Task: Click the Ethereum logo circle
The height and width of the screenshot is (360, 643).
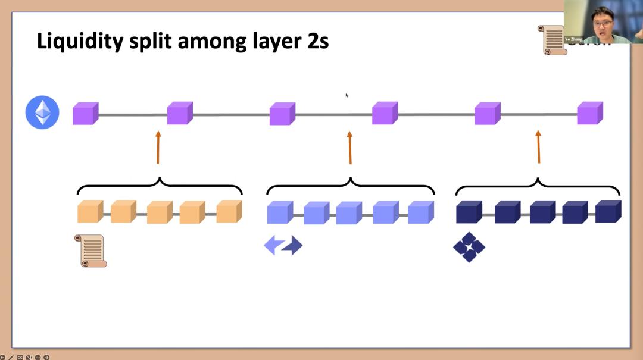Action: pyautogui.click(x=42, y=112)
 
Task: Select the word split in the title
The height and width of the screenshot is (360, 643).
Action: pyautogui.click(x=150, y=42)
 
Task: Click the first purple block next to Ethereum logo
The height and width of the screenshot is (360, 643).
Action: pyautogui.click(x=85, y=113)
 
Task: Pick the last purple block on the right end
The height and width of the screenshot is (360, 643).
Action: pyautogui.click(x=589, y=113)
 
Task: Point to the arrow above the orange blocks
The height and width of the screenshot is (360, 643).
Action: pyautogui.click(x=158, y=148)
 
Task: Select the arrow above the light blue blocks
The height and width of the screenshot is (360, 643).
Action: pyautogui.click(x=350, y=148)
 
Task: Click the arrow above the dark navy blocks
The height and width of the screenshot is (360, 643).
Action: pyautogui.click(x=538, y=147)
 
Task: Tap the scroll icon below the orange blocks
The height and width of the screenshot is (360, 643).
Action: pyautogui.click(x=90, y=251)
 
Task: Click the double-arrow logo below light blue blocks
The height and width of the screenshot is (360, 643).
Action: pyautogui.click(x=283, y=245)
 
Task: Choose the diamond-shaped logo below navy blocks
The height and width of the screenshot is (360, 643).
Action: pyautogui.click(x=469, y=247)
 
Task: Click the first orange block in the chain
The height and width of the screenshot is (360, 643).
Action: pyautogui.click(x=90, y=212)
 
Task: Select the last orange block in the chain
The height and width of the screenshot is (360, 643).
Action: pyautogui.click(x=229, y=211)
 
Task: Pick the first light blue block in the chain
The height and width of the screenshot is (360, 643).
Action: pyautogui.click(x=280, y=212)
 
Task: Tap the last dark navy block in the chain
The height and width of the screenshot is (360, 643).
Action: pyautogui.click(x=608, y=211)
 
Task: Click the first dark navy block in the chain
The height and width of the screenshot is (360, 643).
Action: pyautogui.click(x=469, y=212)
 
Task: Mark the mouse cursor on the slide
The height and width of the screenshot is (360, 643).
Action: pyautogui.click(x=347, y=95)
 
